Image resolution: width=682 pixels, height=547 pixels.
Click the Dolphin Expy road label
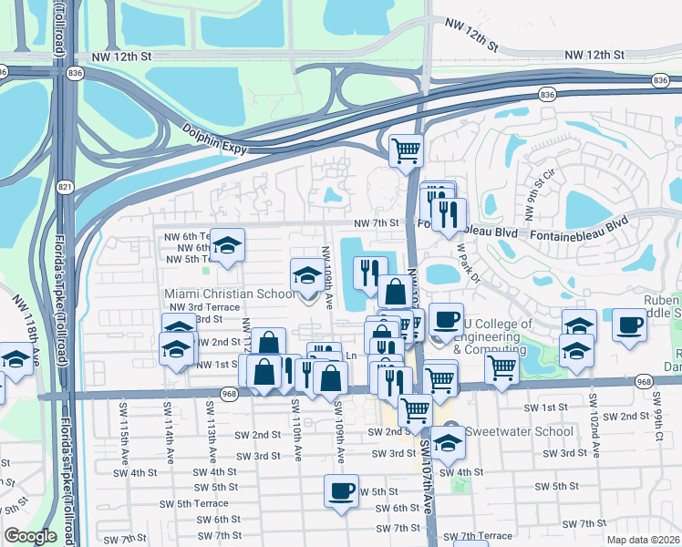[214, 139]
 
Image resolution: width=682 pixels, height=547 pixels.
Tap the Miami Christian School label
[229, 294]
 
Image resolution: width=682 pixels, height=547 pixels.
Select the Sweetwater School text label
[519, 431]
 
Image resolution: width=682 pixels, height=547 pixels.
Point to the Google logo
[30, 535]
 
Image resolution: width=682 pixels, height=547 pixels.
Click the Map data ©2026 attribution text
[642, 540]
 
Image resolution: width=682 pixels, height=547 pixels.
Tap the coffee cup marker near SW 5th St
[341, 491]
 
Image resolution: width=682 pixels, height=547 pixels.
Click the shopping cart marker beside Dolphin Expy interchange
[406, 150]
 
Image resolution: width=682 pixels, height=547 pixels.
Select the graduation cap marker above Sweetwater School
[449, 442]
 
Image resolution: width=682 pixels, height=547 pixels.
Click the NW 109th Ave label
[325, 270]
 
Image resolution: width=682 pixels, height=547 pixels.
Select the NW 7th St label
[377, 222]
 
